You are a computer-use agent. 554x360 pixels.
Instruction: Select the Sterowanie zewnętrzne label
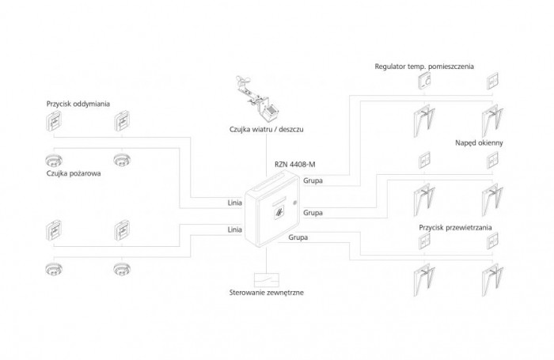(266, 292)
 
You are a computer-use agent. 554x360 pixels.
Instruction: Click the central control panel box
(268, 208)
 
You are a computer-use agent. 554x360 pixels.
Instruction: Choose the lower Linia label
(234, 229)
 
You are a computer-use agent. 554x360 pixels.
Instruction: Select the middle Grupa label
(313, 212)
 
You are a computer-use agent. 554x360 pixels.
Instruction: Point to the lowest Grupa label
(298, 237)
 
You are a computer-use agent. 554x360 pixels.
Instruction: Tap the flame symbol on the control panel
(278, 212)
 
